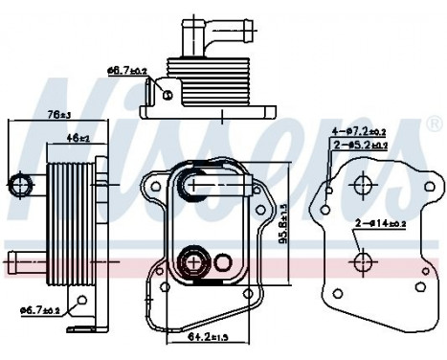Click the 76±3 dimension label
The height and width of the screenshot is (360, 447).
point(58,114)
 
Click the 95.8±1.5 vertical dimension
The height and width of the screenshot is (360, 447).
point(285,230)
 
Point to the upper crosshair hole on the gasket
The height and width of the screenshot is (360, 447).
point(363,187)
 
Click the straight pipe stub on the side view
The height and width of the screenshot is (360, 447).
point(24,259)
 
